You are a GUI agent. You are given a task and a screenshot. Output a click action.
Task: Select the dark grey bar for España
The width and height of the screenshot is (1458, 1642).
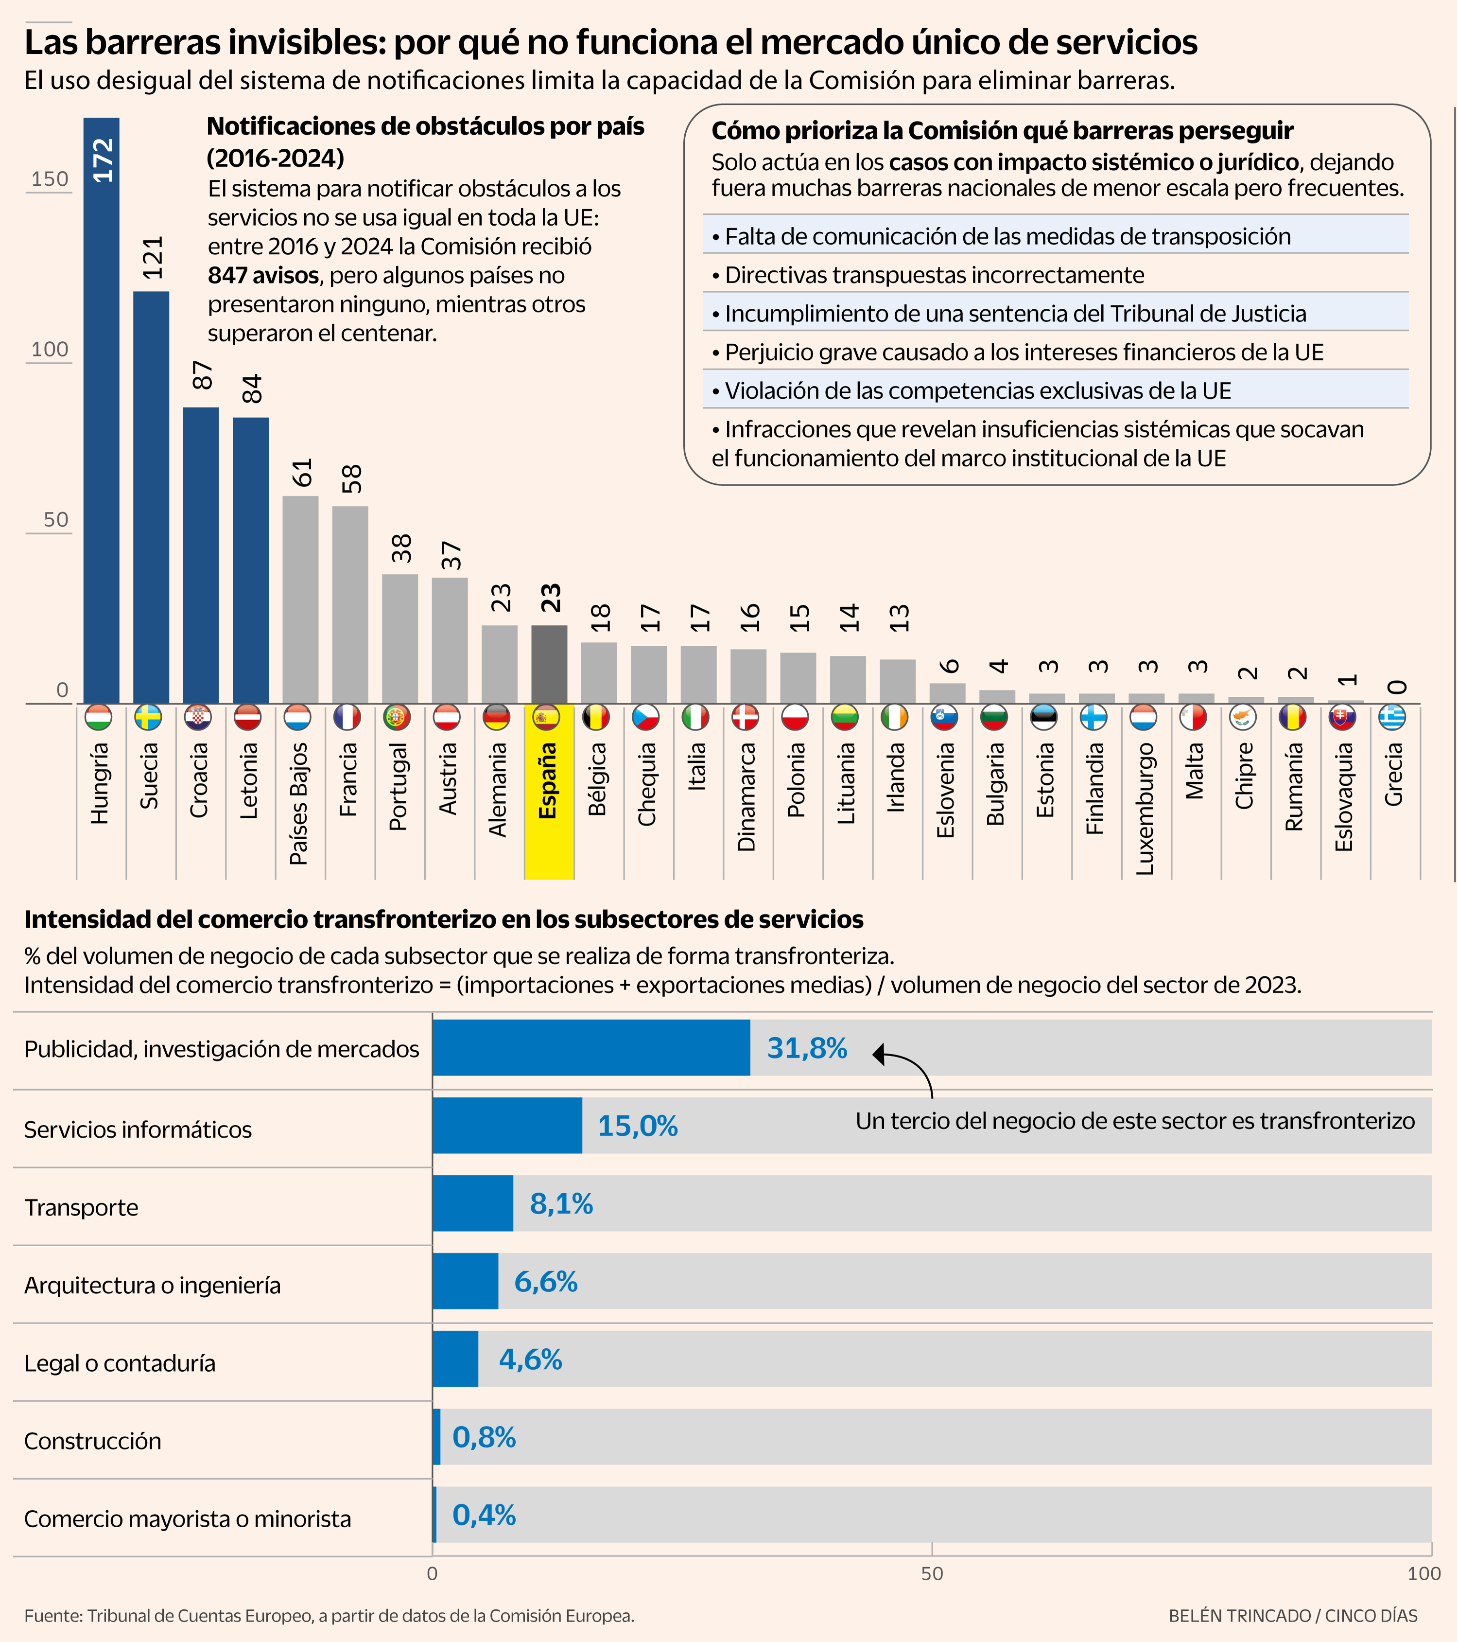click(x=549, y=664)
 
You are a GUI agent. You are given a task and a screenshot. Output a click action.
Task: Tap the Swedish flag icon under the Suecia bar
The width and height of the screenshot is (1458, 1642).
click(x=148, y=717)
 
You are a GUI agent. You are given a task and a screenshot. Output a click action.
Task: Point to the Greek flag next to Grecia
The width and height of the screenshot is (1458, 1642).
click(x=1392, y=717)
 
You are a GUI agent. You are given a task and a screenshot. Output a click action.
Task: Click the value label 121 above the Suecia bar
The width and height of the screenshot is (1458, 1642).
click(x=153, y=258)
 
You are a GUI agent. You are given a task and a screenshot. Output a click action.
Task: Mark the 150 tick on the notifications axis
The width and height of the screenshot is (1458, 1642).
click(x=50, y=179)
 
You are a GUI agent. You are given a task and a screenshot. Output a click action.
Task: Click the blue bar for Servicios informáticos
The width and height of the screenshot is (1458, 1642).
click(x=506, y=1126)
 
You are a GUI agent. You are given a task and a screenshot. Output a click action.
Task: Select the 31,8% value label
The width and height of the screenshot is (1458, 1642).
click(x=807, y=1048)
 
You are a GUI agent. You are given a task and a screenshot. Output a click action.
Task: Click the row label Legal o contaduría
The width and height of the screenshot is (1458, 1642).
click(x=120, y=1363)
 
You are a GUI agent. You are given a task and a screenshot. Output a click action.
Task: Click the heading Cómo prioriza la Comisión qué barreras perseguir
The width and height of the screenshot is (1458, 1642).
click(x=1002, y=130)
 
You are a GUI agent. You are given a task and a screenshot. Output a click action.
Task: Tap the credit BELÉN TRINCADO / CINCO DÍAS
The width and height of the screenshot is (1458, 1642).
click(x=1293, y=1615)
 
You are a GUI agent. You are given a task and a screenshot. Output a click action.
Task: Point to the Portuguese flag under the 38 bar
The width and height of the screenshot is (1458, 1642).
click(x=397, y=717)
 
